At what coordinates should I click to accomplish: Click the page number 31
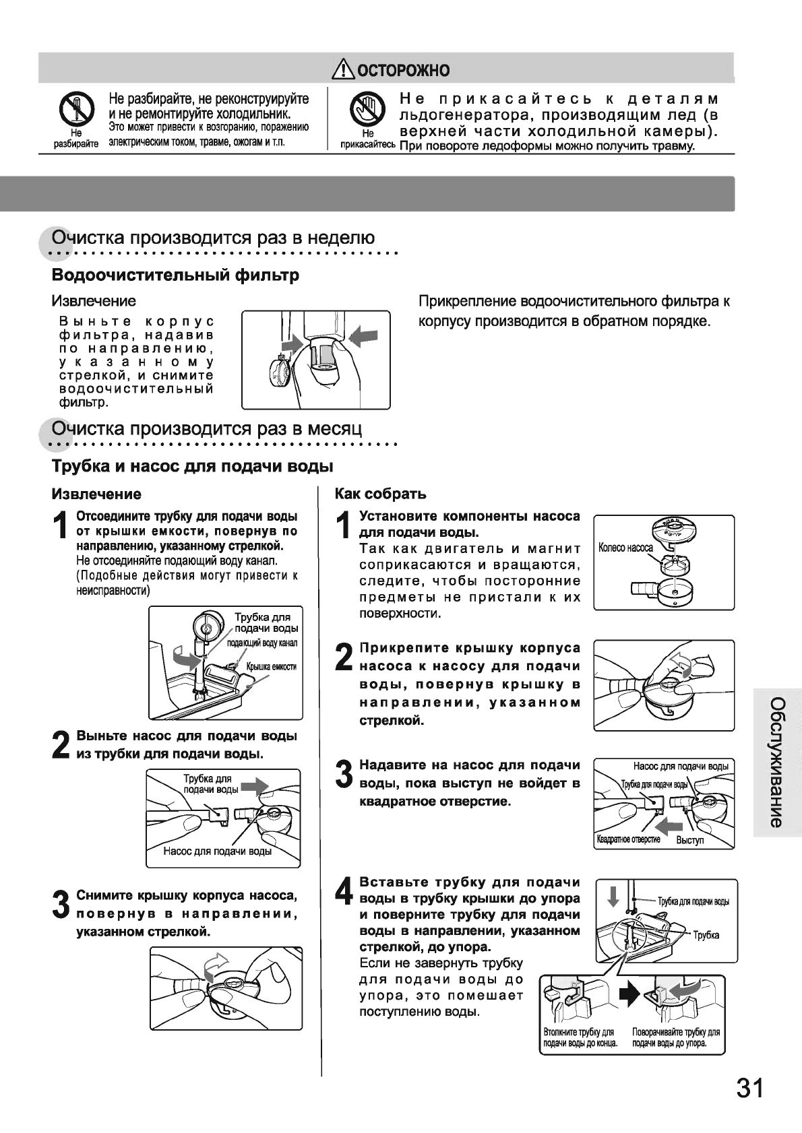click(x=749, y=1088)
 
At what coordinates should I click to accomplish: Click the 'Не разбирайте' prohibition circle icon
click(x=75, y=109)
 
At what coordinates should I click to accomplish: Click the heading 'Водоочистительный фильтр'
click(x=176, y=276)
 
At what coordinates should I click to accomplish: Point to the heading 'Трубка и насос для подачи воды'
click(x=193, y=466)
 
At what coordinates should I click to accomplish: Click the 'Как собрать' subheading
click(x=381, y=494)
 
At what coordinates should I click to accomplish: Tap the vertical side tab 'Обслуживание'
click(x=776, y=762)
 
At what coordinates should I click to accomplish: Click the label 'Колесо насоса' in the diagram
click(x=625, y=548)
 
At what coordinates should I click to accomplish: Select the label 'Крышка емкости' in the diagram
click(x=271, y=667)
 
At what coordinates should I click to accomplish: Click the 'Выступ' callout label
click(x=689, y=841)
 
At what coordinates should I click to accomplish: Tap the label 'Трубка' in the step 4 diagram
click(x=706, y=935)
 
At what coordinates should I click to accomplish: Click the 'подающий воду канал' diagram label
click(x=262, y=643)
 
